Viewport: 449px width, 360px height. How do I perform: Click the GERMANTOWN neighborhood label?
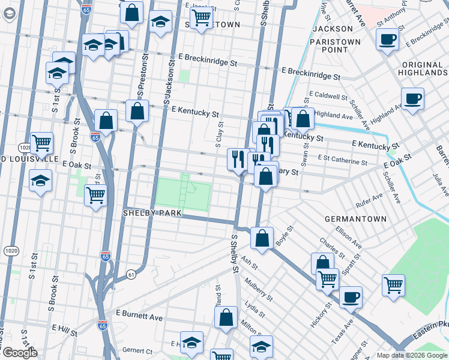tap(356, 219)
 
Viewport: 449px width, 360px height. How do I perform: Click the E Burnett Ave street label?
tap(139, 314)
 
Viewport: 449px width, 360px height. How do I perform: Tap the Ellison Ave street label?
tap(349, 236)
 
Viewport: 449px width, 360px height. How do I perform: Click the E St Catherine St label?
tap(342, 162)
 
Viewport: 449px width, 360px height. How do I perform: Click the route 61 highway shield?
tap(131, 274)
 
